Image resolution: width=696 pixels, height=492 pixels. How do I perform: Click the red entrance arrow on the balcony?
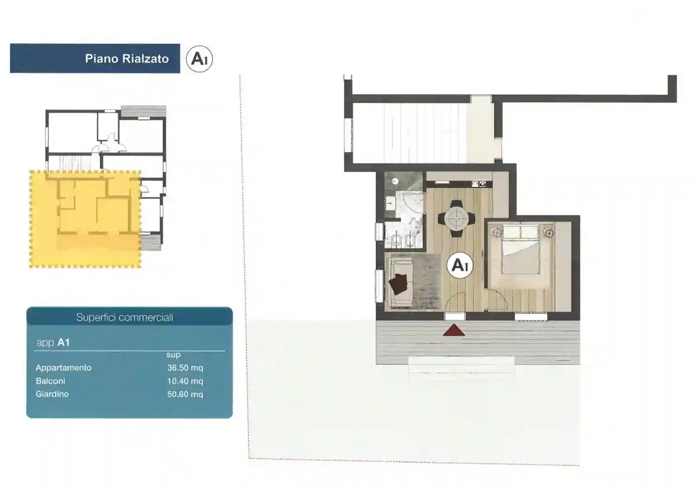pos(454,330)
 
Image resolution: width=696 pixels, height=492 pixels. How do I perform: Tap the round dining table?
pos(457,219)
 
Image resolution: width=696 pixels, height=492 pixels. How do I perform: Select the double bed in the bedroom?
pos(521,249)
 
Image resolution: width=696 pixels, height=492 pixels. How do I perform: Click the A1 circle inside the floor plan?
pos(460,265)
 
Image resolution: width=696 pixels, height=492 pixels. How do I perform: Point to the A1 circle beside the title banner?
pos(199,59)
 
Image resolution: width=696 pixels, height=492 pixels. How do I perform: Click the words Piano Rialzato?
pos(127,59)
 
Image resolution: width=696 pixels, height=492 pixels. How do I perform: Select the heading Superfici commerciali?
pos(125,317)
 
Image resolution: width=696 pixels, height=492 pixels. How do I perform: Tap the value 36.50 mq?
pos(185,368)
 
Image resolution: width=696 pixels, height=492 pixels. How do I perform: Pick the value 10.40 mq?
pos(185,381)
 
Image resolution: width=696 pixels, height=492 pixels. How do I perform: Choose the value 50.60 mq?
pos(185,394)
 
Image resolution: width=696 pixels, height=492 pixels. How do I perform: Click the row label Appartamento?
pos(64,368)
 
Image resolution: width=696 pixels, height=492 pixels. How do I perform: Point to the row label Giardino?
pos(52,394)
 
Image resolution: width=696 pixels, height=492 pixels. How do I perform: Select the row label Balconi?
pos(50,381)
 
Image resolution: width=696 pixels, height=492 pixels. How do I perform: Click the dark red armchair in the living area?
pos(398,283)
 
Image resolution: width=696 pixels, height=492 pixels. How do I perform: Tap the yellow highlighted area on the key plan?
pos(85,219)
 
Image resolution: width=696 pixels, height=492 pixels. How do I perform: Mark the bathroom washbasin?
pos(389,204)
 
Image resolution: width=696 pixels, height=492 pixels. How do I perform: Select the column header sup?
pos(173,355)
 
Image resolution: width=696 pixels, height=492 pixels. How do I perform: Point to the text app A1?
pos(53,342)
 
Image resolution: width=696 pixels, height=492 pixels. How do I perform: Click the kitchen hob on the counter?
pos(479,184)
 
